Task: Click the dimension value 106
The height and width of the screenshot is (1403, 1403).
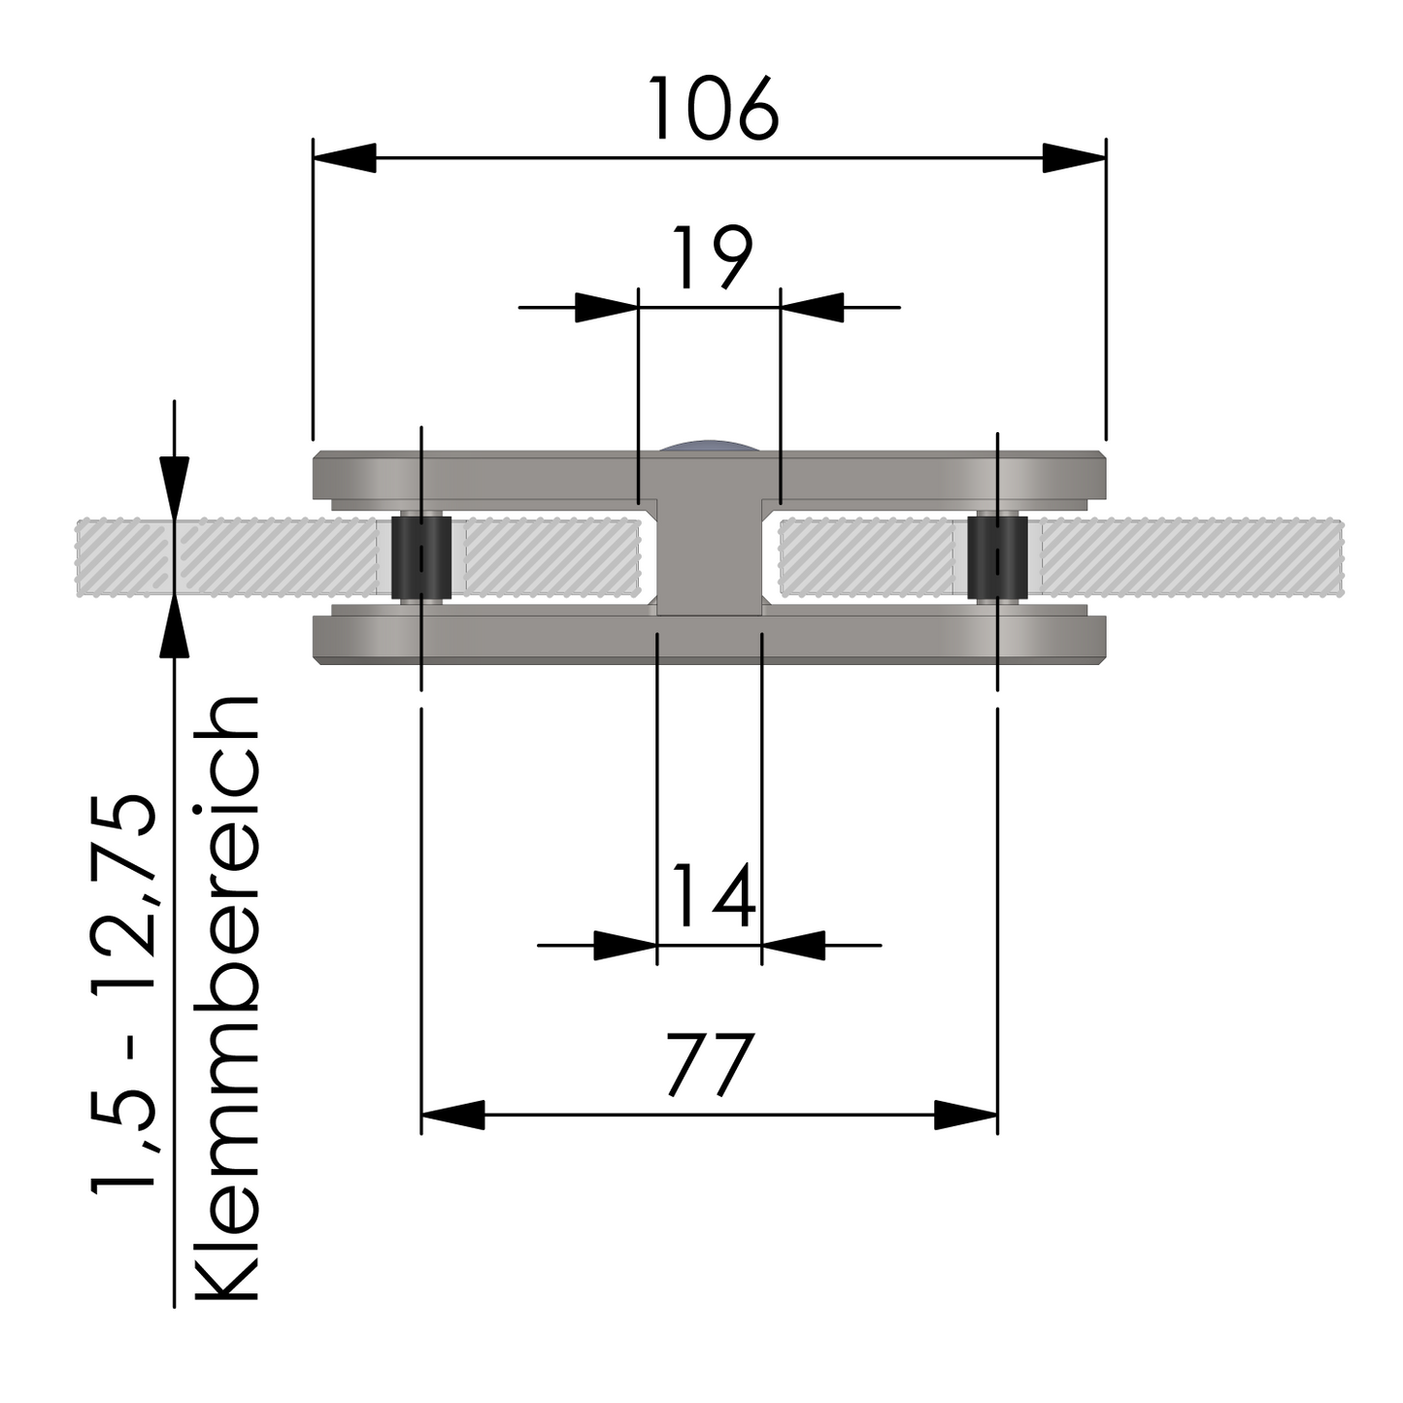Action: [714, 108]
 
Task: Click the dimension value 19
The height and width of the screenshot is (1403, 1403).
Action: [712, 258]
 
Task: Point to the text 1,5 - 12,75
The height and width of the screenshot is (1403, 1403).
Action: [123, 990]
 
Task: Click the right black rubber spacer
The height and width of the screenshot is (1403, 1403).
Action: [997, 559]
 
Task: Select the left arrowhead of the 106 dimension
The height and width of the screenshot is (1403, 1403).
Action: [346, 157]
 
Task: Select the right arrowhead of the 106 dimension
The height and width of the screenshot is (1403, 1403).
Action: [1074, 157]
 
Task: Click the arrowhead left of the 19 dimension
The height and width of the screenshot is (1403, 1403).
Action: [607, 308]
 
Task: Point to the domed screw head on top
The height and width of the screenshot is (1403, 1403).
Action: [708, 446]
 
